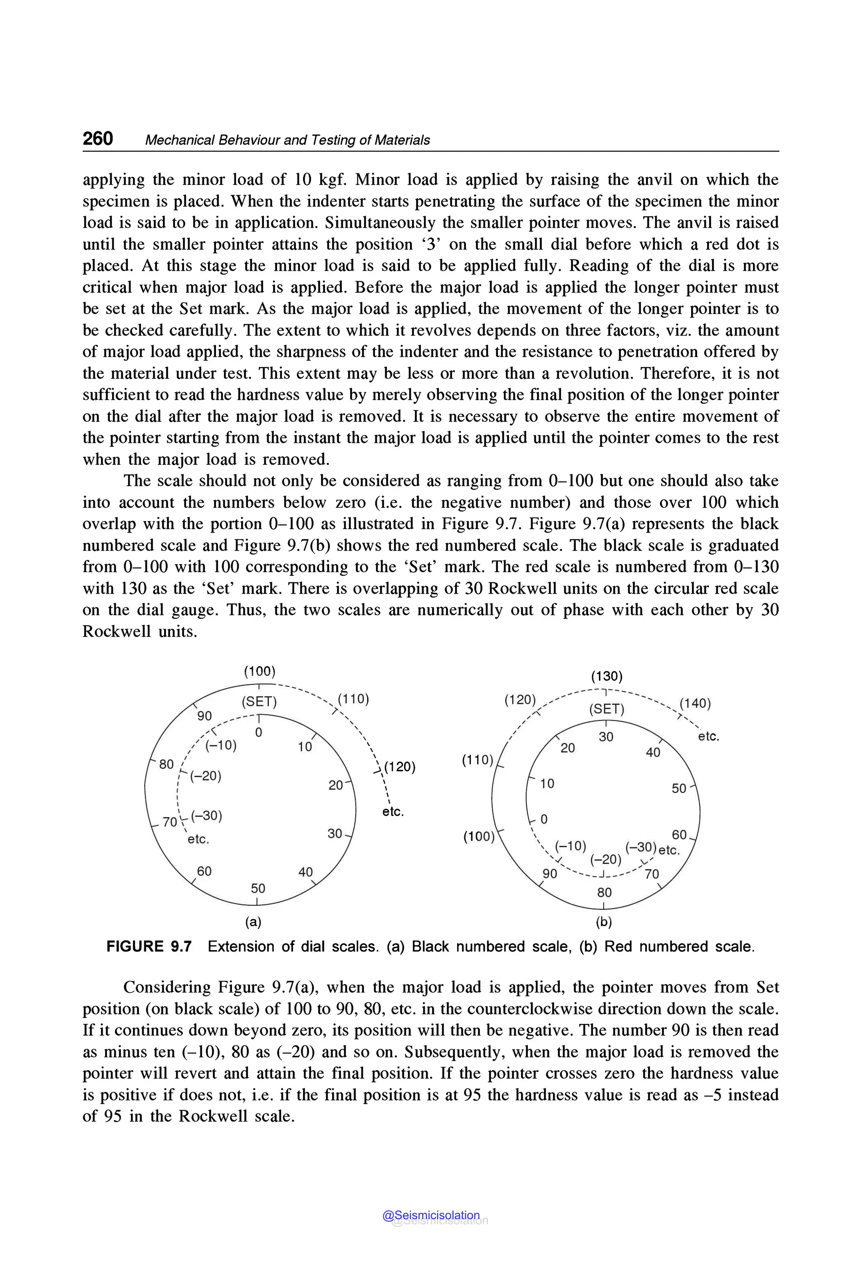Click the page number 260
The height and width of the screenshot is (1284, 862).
(x=98, y=138)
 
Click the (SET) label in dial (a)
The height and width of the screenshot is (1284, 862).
(x=259, y=702)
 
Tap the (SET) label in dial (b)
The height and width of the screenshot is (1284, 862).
(x=607, y=709)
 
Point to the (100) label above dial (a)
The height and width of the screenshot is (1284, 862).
(x=259, y=671)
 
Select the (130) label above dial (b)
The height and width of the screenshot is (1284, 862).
(x=607, y=676)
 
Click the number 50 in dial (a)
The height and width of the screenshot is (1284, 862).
(x=258, y=888)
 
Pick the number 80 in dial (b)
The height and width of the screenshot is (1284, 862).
(x=604, y=892)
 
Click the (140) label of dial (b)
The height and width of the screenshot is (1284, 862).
(x=695, y=703)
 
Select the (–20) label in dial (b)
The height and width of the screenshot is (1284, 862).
(x=605, y=859)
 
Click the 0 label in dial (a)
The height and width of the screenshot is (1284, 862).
(x=258, y=733)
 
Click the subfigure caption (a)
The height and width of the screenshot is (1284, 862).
(x=253, y=922)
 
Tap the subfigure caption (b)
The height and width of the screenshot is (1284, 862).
(x=604, y=922)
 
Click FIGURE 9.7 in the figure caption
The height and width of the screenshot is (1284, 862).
(x=149, y=946)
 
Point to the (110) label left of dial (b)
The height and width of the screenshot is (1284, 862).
(x=478, y=760)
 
